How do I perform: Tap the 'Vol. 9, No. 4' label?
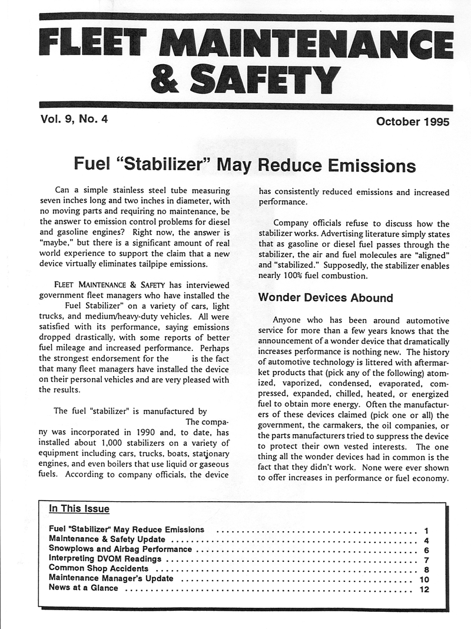[x=75, y=121]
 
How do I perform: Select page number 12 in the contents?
[x=424, y=589]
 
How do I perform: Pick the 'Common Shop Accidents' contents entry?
[x=98, y=569]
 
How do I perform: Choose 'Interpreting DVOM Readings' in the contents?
[x=105, y=559]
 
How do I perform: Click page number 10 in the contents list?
[x=424, y=579]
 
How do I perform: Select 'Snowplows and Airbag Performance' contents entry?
[x=120, y=549]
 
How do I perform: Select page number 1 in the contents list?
[x=425, y=529]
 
